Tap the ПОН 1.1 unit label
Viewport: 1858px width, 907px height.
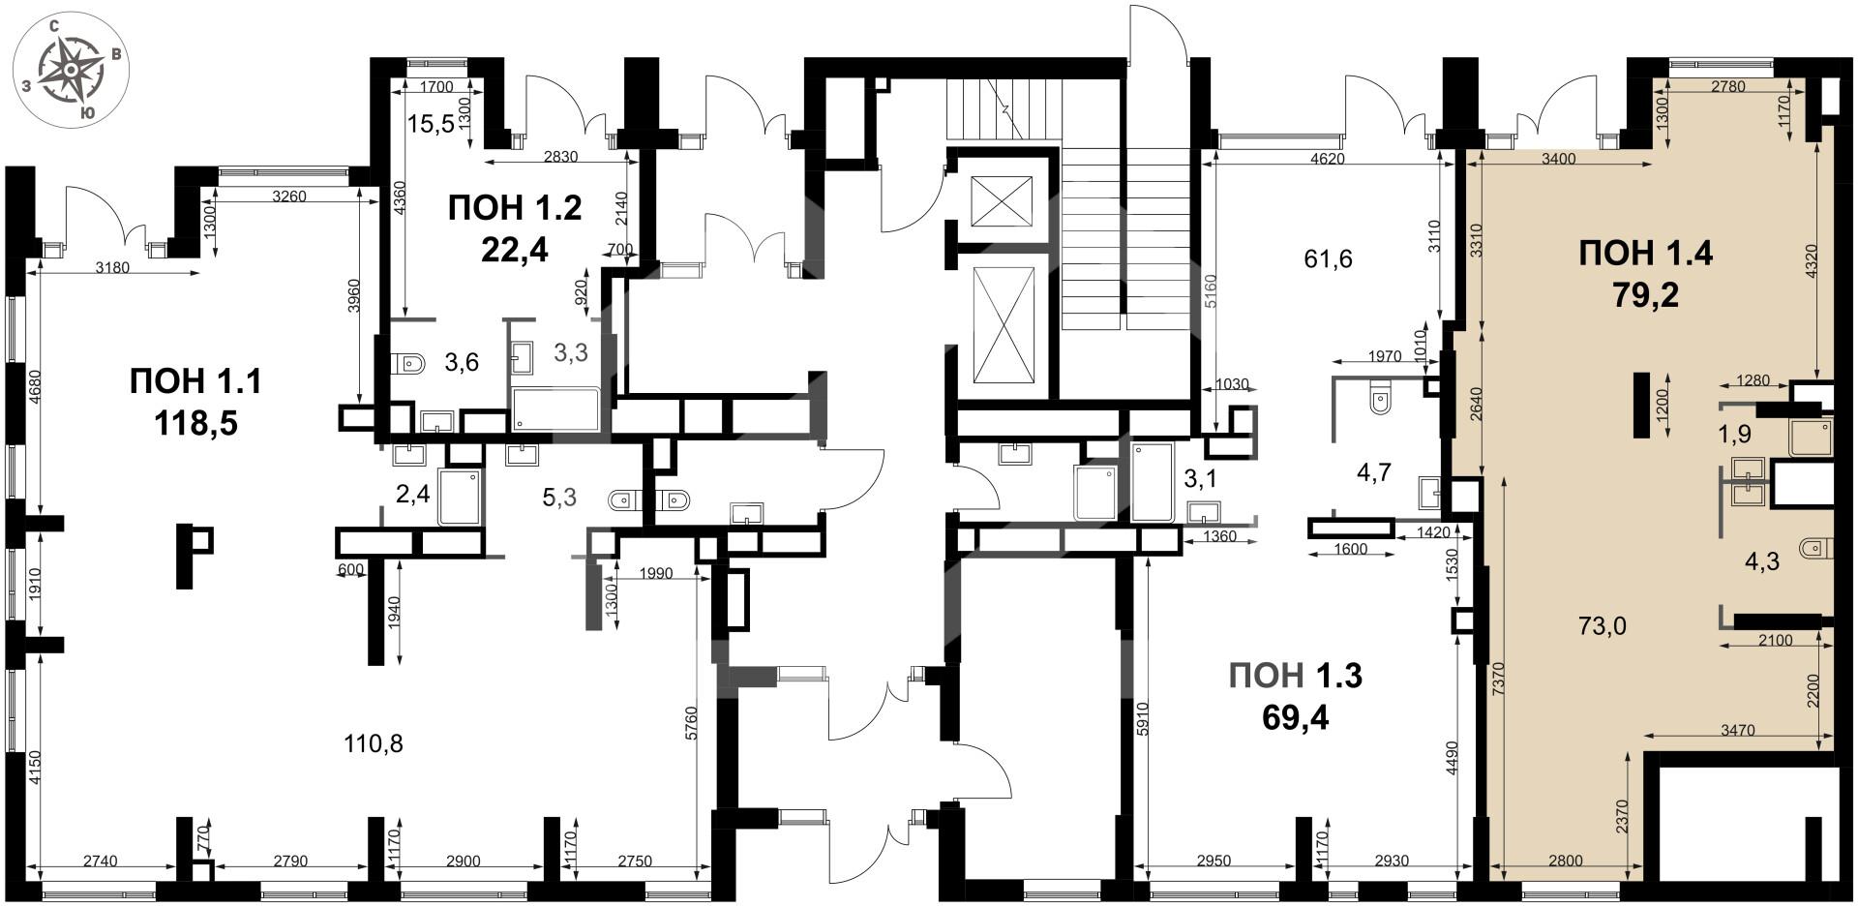[x=196, y=401]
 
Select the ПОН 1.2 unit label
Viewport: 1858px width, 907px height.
[x=515, y=227]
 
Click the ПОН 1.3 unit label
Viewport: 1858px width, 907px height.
[x=1296, y=696]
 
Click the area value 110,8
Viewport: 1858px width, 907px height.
[x=374, y=743]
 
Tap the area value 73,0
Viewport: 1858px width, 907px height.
[x=1603, y=625]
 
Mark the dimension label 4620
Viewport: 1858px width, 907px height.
[x=1327, y=159]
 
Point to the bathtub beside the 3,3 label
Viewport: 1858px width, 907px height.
[x=556, y=409]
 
